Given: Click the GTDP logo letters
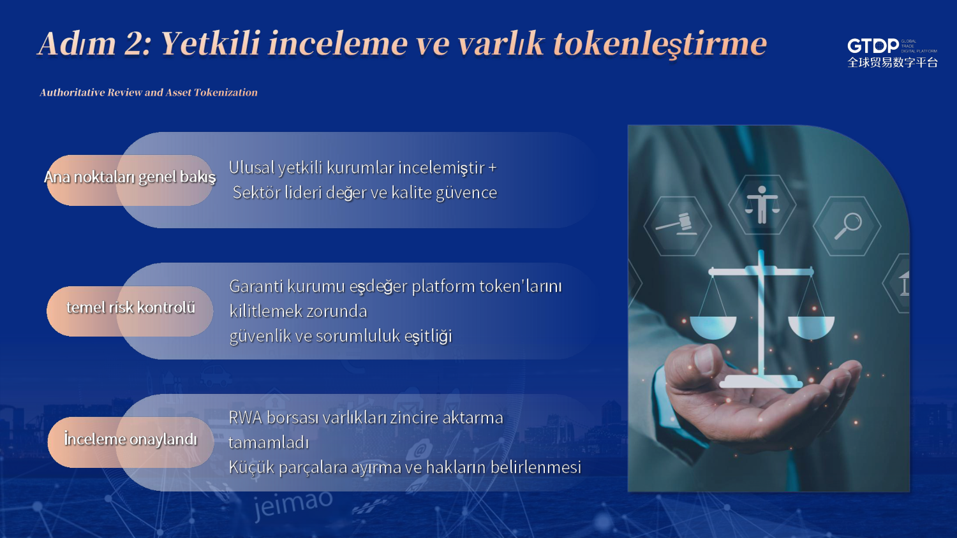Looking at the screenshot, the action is pyautogui.click(x=873, y=46).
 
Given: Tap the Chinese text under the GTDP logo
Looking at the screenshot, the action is pyautogui.click(x=893, y=62).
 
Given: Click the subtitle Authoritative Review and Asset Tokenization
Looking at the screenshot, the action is pyautogui.click(x=149, y=92).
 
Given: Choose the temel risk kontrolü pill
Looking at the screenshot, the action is pyautogui.click(x=130, y=311).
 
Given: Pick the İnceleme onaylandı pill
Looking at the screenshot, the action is pyautogui.click(x=131, y=442).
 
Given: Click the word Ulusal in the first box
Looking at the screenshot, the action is pyautogui.click(x=251, y=168).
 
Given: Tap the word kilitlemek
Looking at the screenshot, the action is pyautogui.click(x=265, y=311).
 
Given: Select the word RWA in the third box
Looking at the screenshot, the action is pyautogui.click(x=245, y=418).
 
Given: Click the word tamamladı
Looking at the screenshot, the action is pyautogui.click(x=269, y=443).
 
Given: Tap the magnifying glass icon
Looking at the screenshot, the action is pyautogui.click(x=848, y=226).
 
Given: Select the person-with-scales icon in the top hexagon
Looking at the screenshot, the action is pyautogui.click(x=762, y=205).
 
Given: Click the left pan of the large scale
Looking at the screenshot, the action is pyautogui.click(x=713, y=327).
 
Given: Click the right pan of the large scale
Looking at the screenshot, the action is pyautogui.click(x=811, y=327).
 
